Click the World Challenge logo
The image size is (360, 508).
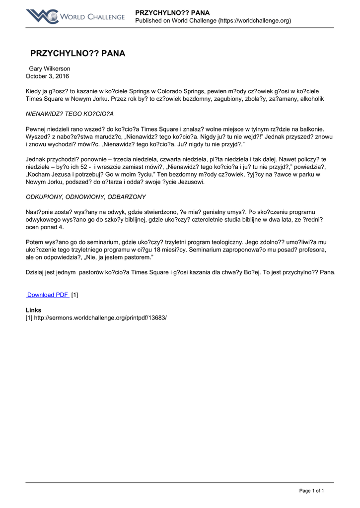[75, 16]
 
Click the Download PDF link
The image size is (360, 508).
[48, 295]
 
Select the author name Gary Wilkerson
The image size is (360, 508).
[50, 68]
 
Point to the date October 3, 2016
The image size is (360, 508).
[47, 76]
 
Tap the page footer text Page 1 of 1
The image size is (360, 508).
[311, 491]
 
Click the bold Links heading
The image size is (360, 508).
[33, 310]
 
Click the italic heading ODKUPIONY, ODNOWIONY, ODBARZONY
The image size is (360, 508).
[85, 197]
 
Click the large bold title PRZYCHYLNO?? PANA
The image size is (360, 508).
[77, 54]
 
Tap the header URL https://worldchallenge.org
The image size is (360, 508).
[255, 20]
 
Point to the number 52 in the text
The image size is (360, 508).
[76, 167]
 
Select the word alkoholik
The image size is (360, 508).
[310, 99]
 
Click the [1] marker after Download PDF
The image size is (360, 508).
[74, 295]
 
